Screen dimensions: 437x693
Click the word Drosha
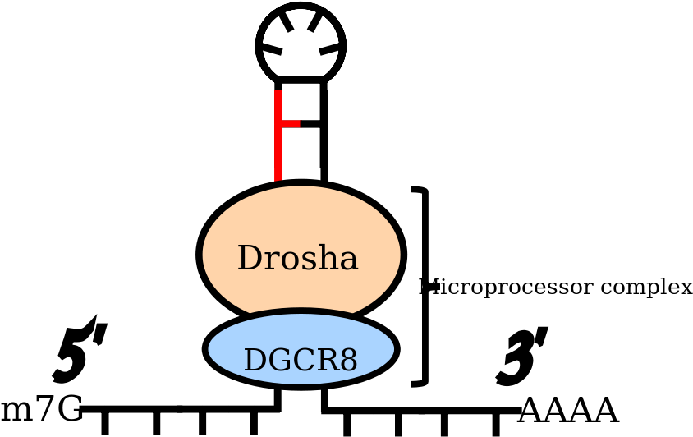[x=297, y=259]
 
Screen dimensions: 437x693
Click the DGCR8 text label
[x=301, y=361]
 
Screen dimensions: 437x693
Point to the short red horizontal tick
[x=290, y=124]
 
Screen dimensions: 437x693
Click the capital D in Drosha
[x=248, y=259]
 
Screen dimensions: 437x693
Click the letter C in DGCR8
[x=303, y=361]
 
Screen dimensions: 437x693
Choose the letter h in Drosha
[x=327, y=259]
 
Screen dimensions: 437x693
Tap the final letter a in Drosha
[x=349, y=261]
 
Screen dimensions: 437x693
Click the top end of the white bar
[x=416, y=195]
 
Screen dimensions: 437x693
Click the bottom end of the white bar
[x=416, y=379]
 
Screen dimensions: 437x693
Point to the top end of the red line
[x=278, y=93]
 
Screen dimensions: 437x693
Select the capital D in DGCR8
[x=254, y=361]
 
